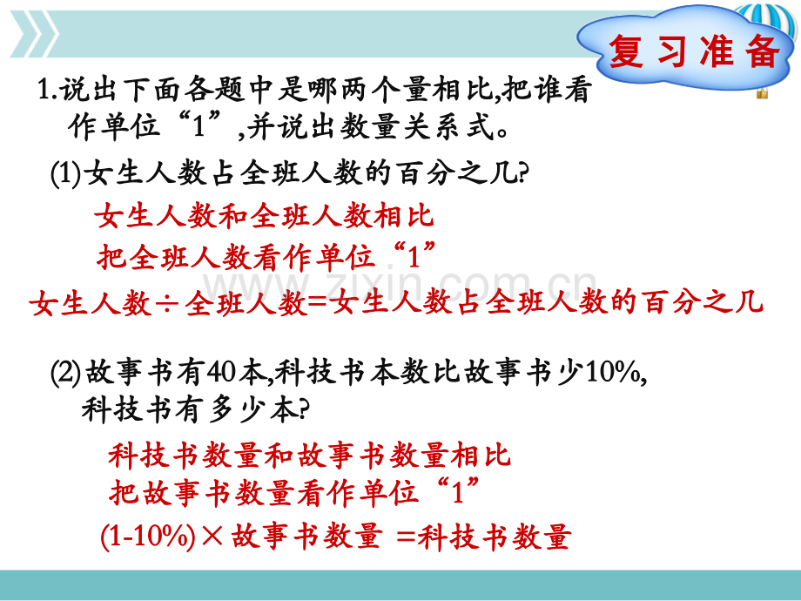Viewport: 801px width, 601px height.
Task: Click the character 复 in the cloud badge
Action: coord(626,51)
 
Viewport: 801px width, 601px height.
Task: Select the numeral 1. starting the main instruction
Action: coord(47,90)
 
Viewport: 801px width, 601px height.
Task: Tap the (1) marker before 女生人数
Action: coord(66,173)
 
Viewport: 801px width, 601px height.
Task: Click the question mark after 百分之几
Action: coord(523,172)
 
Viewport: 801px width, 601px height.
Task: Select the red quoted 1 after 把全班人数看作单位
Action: coord(414,254)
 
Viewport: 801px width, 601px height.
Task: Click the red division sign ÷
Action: coord(166,304)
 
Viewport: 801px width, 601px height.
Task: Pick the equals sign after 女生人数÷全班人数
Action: coord(318,304)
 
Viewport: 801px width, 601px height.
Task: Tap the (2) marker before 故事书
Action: coord(66,373)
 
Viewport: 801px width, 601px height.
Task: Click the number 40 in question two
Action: coord(221,373)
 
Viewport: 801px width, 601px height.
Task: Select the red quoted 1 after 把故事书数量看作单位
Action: coord(458,491)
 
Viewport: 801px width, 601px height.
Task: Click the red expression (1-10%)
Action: coord(148,537)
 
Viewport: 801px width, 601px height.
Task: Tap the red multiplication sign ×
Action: coord(212,537)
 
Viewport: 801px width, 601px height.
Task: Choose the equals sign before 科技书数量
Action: coord(406,537)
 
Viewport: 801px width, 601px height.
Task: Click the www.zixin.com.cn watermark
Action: coord(400,284)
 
